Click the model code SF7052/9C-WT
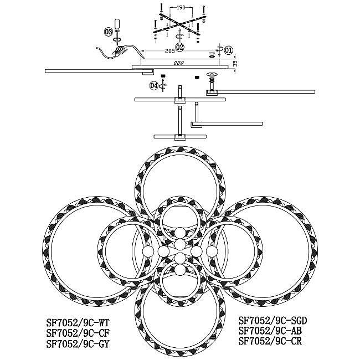point(78,323)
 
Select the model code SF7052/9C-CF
point(78,333)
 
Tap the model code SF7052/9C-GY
point(78,344)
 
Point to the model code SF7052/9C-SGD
point(272,320)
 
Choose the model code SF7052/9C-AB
point(270,331)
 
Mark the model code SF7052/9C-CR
point(270,341)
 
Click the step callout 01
point(228,50)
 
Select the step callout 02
point(179,47)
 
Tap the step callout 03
point(109,32)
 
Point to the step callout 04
point(154,86)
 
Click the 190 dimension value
point(181,8)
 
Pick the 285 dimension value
point(170,51)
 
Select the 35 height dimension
point(235,63)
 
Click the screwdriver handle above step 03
point(117,24)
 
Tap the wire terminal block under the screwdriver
point(120,50)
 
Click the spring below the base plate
point(212,80)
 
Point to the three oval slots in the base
point(179,63)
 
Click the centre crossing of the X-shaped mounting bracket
point(179,23)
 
